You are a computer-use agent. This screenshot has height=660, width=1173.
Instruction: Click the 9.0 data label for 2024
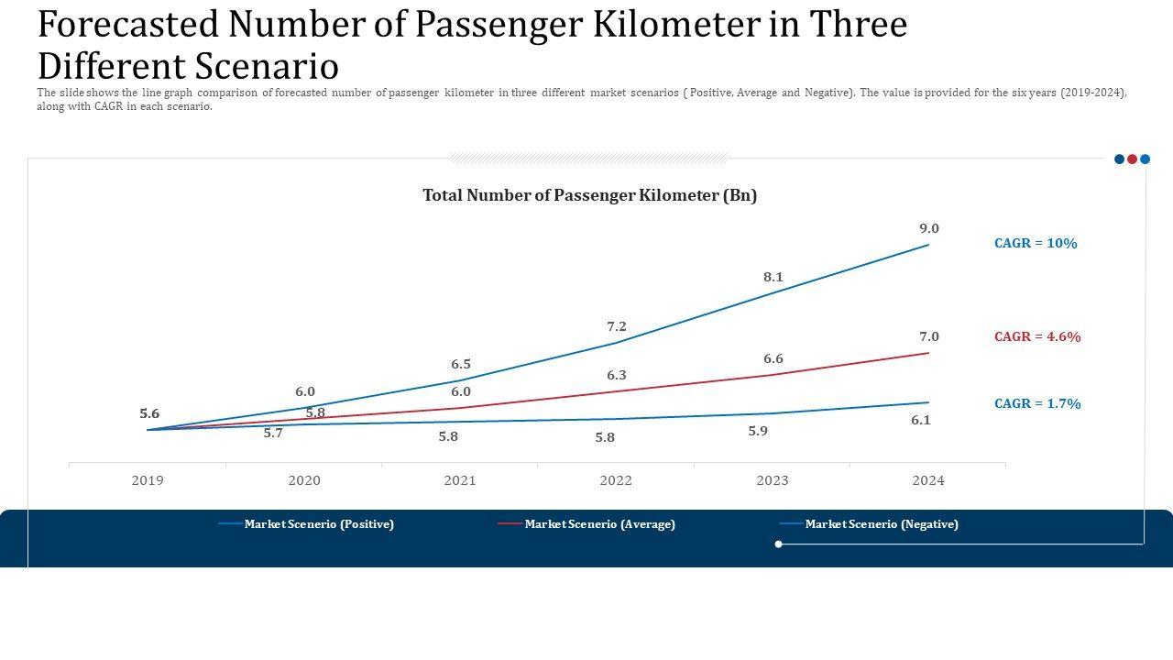point(929,228)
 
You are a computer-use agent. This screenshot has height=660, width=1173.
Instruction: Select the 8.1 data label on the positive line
point(773,277)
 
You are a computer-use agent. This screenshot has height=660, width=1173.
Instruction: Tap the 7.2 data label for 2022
point(617,326)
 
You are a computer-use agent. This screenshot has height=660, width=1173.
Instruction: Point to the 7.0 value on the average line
point(929,336)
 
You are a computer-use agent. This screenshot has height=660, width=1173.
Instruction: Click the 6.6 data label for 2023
point(773,358)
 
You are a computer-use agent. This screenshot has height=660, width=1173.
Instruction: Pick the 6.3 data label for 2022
point(617,375)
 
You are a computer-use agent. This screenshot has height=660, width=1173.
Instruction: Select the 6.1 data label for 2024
point(921,420)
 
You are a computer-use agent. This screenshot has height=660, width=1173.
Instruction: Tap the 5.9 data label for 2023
point(758,431)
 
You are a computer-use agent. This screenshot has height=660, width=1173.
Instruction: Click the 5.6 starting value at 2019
point(149,413)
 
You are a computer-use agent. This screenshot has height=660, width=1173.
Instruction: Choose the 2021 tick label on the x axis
point(460,480)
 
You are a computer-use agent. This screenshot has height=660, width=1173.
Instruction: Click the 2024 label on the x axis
point(928,480)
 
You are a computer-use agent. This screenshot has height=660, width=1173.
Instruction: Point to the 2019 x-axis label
point(148,480)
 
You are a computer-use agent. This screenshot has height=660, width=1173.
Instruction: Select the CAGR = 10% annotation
point(1036,243)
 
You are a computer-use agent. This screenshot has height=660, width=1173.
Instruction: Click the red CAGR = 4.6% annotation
point(1037,336)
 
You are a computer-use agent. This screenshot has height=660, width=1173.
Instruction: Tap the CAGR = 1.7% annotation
point(1037,403)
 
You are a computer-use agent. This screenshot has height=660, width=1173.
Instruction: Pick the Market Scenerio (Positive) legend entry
point(319,524)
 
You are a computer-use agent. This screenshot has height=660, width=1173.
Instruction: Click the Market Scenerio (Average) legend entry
point(599,524)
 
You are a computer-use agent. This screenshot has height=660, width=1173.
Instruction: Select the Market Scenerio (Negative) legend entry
point(882,524)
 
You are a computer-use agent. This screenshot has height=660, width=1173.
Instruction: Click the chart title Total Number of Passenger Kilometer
point(589,195)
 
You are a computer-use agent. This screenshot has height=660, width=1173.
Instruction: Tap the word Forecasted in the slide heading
point(128,25)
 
